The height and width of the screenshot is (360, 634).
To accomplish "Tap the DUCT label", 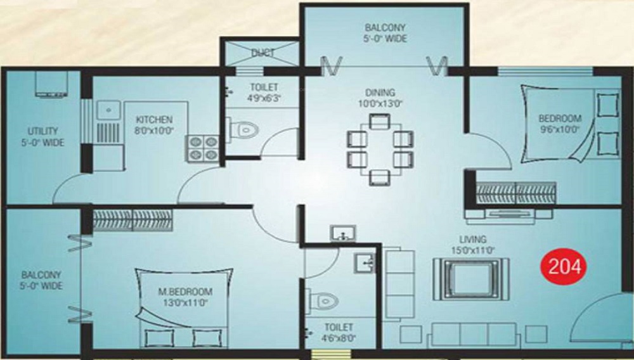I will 262,53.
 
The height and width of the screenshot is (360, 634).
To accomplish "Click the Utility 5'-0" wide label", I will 41,136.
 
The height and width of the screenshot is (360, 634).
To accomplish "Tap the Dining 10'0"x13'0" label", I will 380,97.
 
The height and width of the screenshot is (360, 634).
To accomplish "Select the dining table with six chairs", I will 380,148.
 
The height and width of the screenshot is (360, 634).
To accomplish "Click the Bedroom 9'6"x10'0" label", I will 560,123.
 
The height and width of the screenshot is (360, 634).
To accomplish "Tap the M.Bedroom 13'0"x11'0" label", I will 185,297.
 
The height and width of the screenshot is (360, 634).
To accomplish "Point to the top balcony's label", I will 385,33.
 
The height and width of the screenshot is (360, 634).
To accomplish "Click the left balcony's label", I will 41,280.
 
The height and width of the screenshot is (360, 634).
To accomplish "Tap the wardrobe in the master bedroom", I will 133,220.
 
